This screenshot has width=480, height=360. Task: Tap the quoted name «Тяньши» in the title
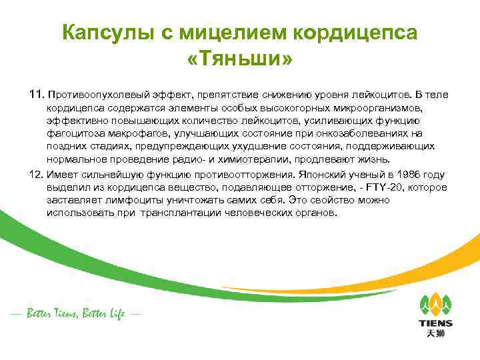[x=240, y=61]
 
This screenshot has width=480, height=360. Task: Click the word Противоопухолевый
[x=98, y=95]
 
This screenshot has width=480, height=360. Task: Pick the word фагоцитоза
[x=74, y=133]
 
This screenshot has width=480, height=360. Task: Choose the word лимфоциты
[x=133, y=201]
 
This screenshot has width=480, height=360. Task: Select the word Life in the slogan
[x=114, y=314]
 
